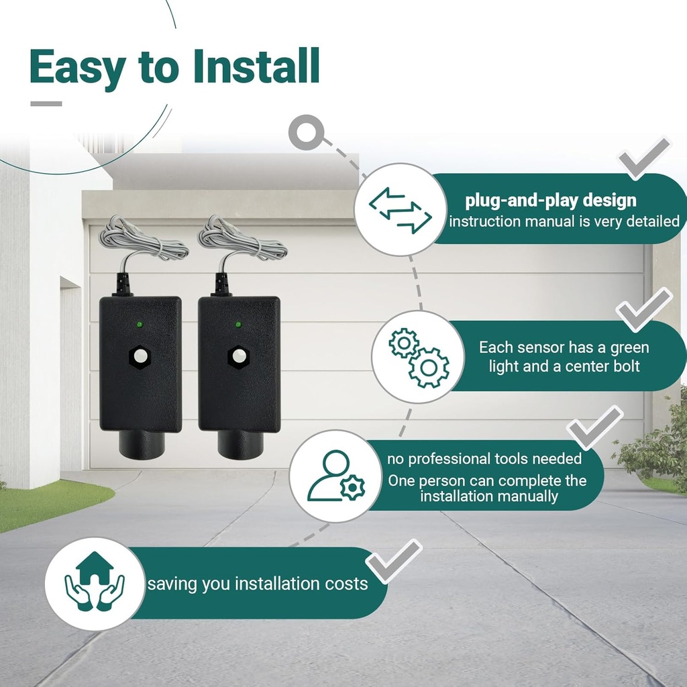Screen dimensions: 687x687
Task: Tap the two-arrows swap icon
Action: click(x=401, y=210)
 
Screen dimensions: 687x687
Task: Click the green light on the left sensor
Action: click(x=140, y=325)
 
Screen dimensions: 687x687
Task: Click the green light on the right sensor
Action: click(x=237, y=325)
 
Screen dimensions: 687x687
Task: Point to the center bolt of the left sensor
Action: click(x=140, y=356)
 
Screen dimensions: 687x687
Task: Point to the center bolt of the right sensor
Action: click(x=238, y=356)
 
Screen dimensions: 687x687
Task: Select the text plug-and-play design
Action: click(x=551, y=200)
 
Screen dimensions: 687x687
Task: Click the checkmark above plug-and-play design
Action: click(x=643, y=158)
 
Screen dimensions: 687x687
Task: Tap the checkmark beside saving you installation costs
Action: click(x=395, y=560)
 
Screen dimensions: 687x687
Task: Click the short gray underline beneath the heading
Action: click(x=46, y=103)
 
